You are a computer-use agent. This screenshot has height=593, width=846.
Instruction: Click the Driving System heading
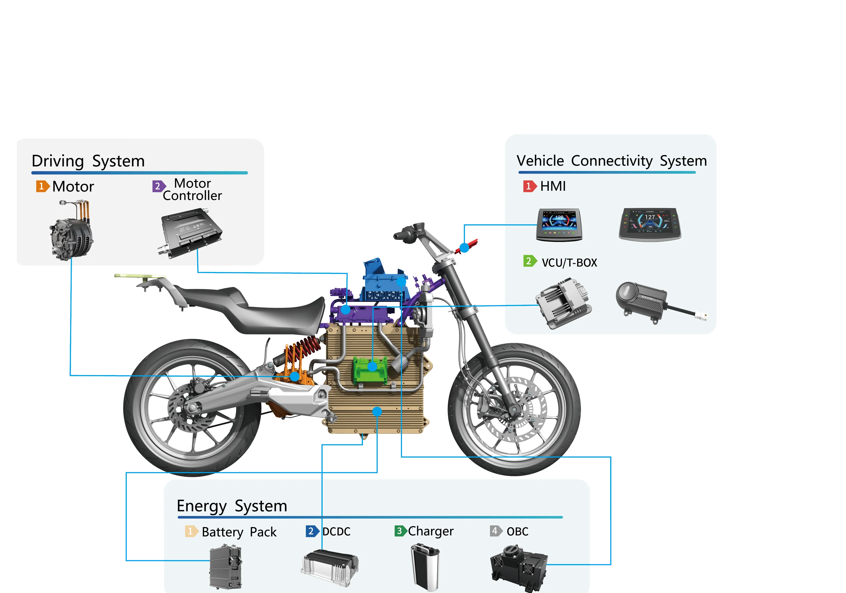88,161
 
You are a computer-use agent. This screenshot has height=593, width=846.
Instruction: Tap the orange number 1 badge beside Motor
42,186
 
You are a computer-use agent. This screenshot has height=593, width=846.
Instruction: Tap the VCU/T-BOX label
569,263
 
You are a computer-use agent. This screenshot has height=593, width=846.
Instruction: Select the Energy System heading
232,506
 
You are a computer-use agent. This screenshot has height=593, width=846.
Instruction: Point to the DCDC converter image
330,567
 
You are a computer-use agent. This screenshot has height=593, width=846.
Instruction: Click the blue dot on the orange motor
294,376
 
